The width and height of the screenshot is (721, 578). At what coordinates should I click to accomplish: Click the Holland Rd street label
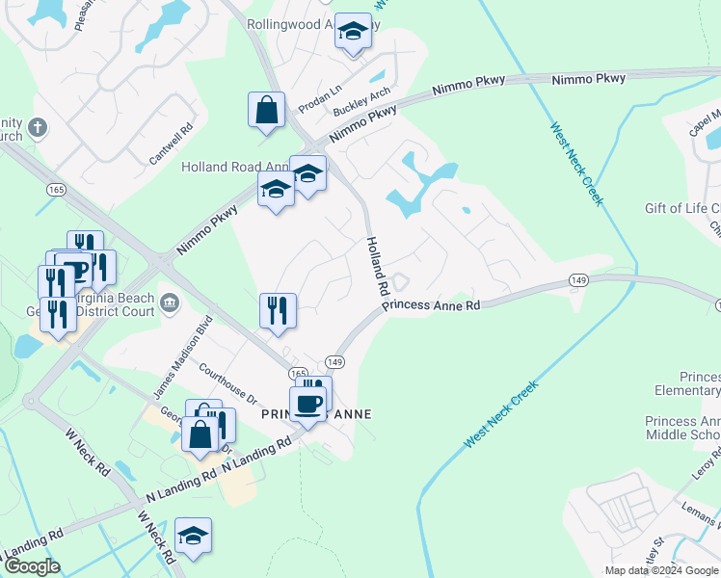point(376,267)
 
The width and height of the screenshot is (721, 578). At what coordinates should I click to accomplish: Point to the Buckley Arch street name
point(360,102)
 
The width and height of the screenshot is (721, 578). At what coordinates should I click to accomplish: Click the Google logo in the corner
point(31,566)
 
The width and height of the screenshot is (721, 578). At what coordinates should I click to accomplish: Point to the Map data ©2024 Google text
point(661,570)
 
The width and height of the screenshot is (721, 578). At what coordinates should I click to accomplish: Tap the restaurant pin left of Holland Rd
point(278,311)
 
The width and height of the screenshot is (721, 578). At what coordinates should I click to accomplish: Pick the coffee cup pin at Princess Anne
point(308,403)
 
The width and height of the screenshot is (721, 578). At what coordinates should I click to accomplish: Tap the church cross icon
point(38,127)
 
